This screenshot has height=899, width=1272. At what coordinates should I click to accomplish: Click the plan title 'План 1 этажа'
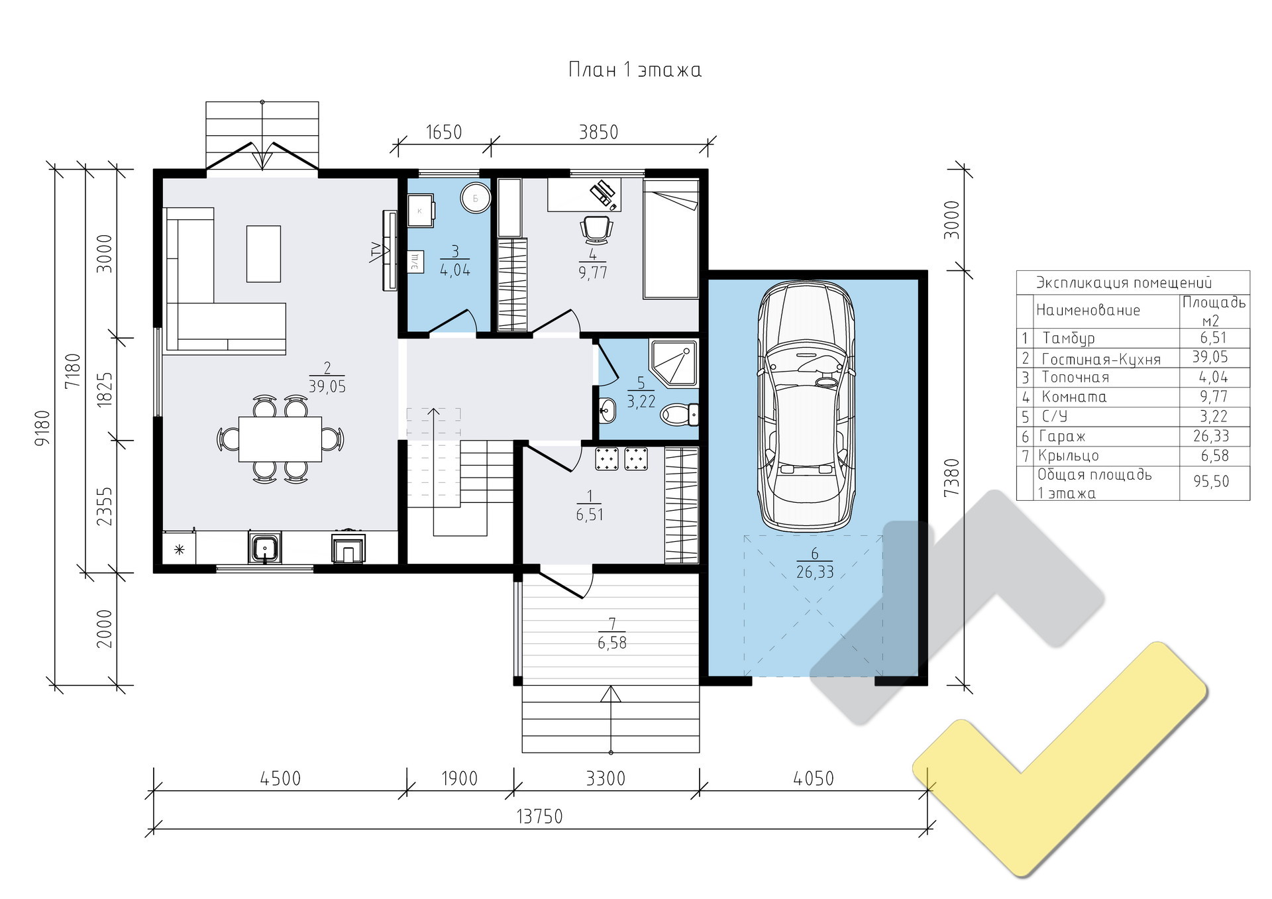(635, 70)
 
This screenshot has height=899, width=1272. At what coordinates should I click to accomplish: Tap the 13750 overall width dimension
(539, 816)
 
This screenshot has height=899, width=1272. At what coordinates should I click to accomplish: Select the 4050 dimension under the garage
(814, 778)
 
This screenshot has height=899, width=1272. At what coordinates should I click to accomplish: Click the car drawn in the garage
(806, 407)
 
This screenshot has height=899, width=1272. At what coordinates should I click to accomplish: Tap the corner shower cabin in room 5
(673, 363)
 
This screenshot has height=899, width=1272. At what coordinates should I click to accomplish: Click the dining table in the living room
(280, 439)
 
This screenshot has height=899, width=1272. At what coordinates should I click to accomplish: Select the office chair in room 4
(596, 229)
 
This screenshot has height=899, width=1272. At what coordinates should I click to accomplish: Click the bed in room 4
(670, 238)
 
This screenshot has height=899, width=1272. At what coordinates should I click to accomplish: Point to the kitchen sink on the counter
(265, 548)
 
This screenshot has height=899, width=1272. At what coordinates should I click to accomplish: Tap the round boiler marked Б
(475, 198)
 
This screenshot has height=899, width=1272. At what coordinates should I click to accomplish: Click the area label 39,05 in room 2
(327, 387)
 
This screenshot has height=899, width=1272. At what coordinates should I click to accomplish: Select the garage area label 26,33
(815, 572)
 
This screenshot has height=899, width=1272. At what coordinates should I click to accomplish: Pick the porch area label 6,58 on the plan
(612, 643)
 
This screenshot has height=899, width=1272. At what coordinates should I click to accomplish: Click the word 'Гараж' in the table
(1062, 437)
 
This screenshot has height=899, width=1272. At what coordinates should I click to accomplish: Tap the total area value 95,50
(1211, 482)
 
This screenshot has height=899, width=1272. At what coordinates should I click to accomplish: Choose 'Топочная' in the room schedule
(1075, 378)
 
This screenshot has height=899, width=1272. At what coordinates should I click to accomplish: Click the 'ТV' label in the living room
(376, 252)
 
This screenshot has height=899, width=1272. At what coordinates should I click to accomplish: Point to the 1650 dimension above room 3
(443, 132)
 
